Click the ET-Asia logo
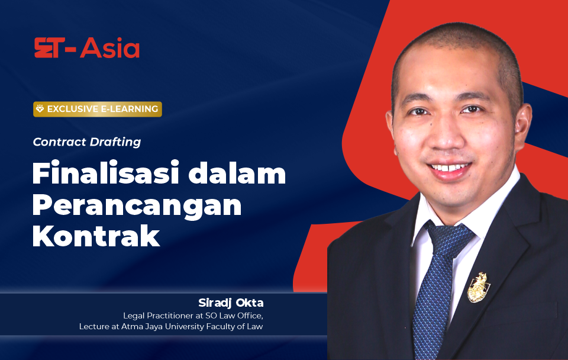pyautogui.click(x=87, y=48)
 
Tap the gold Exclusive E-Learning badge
pyautogui.click(x=98, y=109)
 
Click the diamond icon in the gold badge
pyautogui.click(x=40, y=109)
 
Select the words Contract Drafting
pyautogui.click(x=87, y=142)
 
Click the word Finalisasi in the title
pyautogui.click(x=106, y=173)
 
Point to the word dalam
pyautogui.click(x=237, y=173)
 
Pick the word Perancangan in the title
pyautogui.click(x=137, y=205)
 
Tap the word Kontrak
pyautogui.click(x=96, y=236)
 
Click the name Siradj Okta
pyautogui.click(x=231, y=303)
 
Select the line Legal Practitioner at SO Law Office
pyautogui.click(x=193, y=316)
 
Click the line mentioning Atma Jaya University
pyautogui.click(x=171, y=327)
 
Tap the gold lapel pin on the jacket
pyautogui.click(x=478, y=288)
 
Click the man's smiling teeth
pyautogui.click(x=449, y=168)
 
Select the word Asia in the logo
pyautogui.click(x=110, y=48)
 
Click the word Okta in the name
pyautogui.click(x=250, y=303)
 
